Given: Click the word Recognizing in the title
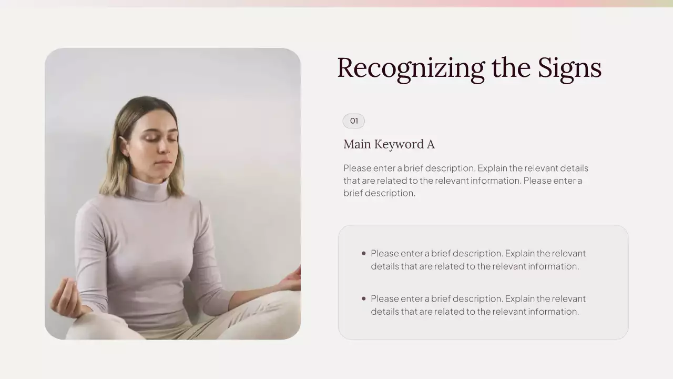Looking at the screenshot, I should click(411, 68).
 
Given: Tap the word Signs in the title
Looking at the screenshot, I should click(569, 68).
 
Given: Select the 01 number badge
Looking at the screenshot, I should click(354, 121).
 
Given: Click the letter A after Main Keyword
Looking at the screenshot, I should click(431, 144).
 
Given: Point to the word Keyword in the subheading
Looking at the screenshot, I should click(400, 144).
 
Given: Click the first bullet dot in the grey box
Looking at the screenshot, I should click(363, 253).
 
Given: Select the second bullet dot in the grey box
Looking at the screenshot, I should click(363, 298).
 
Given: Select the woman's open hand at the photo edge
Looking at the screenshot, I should click(291, 279).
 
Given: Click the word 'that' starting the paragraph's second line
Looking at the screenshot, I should click(351, 181).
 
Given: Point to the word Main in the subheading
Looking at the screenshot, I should click(357, 144).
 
